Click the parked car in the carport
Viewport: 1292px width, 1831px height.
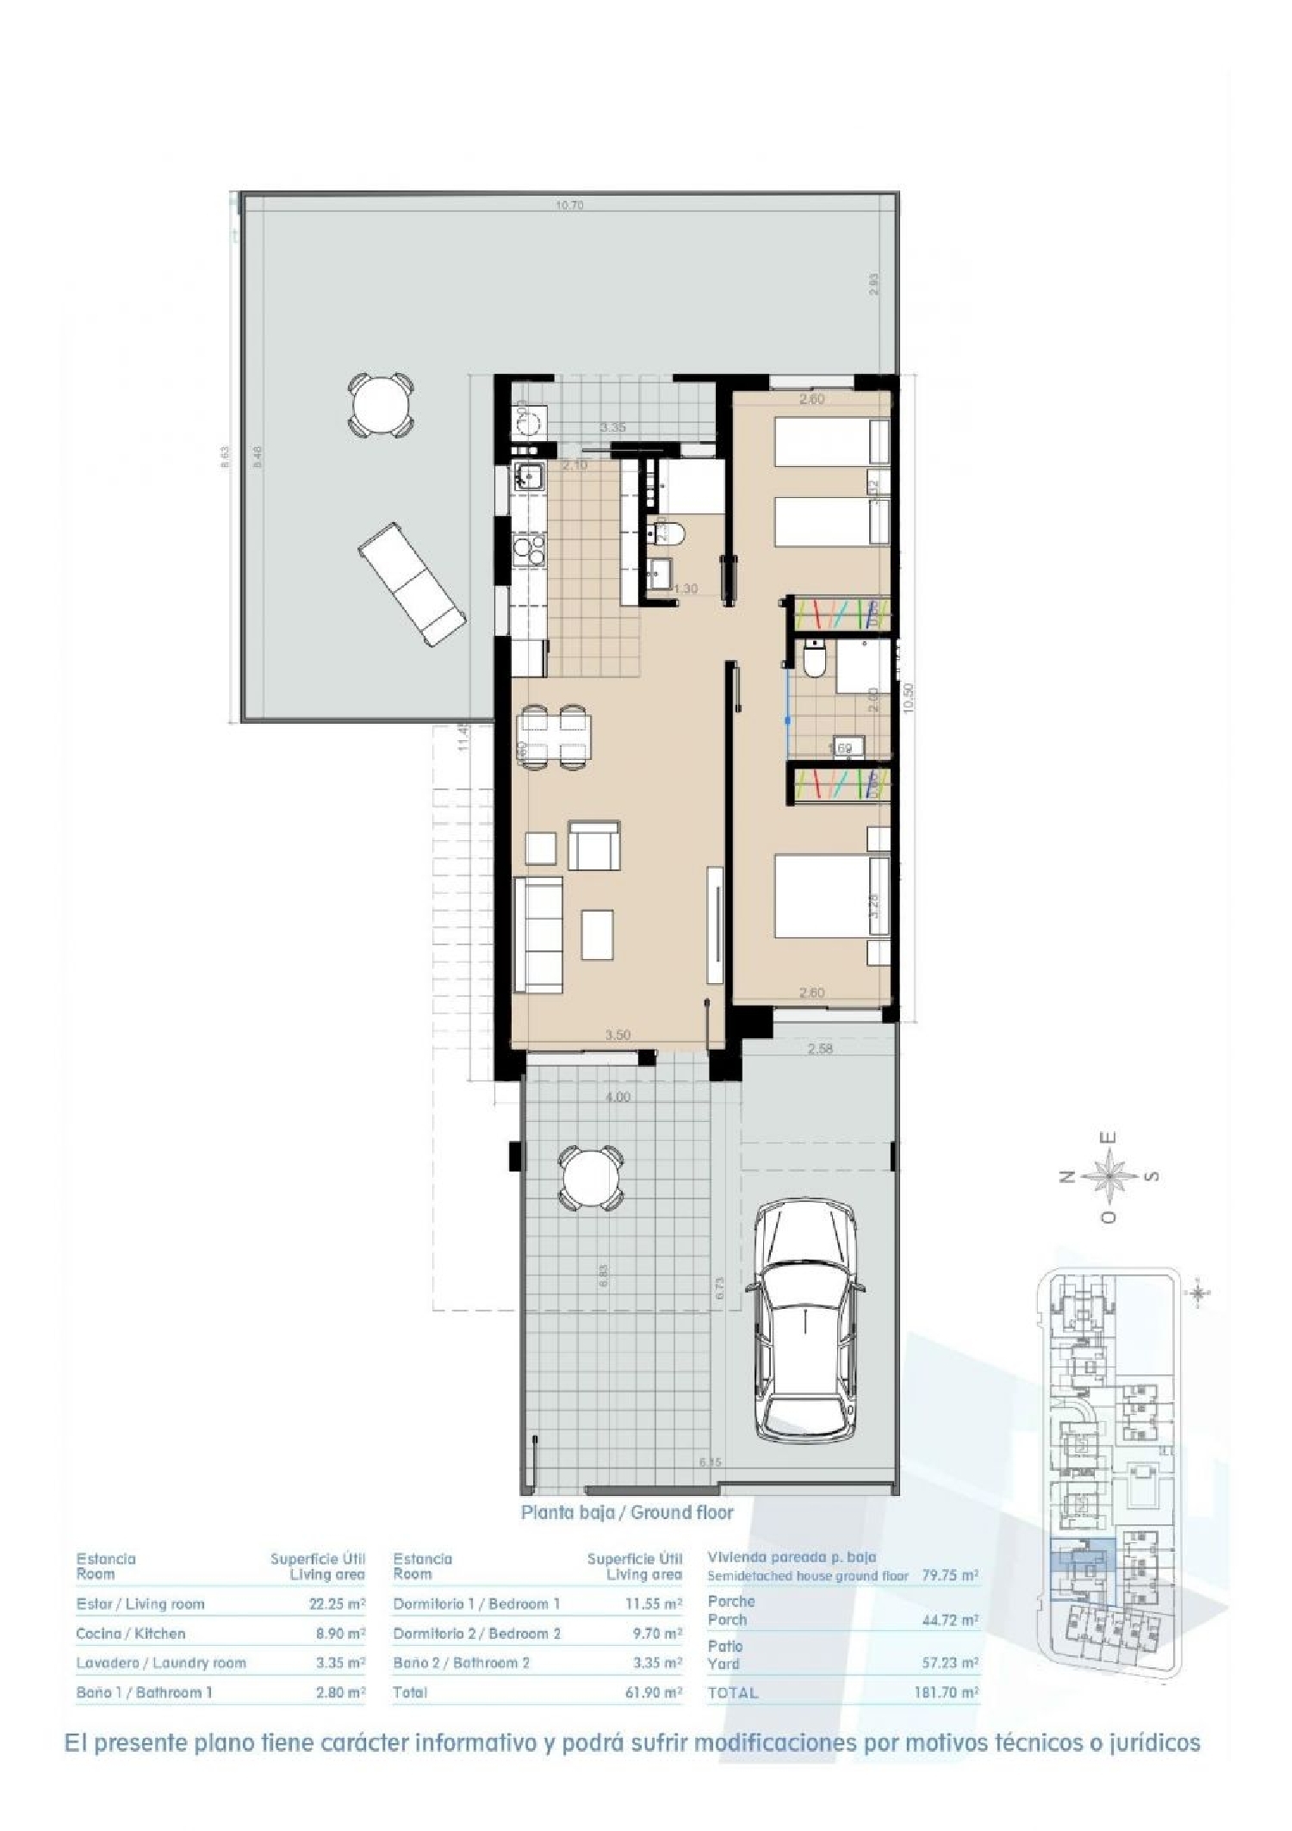point(805,1323)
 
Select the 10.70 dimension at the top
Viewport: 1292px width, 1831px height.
point(569,205)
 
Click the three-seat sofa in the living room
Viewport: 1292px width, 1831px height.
point(538,933)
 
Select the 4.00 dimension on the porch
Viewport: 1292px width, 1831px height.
point(618,1097)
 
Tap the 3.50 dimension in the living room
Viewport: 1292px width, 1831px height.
point(618,1035)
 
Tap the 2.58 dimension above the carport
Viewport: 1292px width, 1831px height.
point(819,1049)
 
